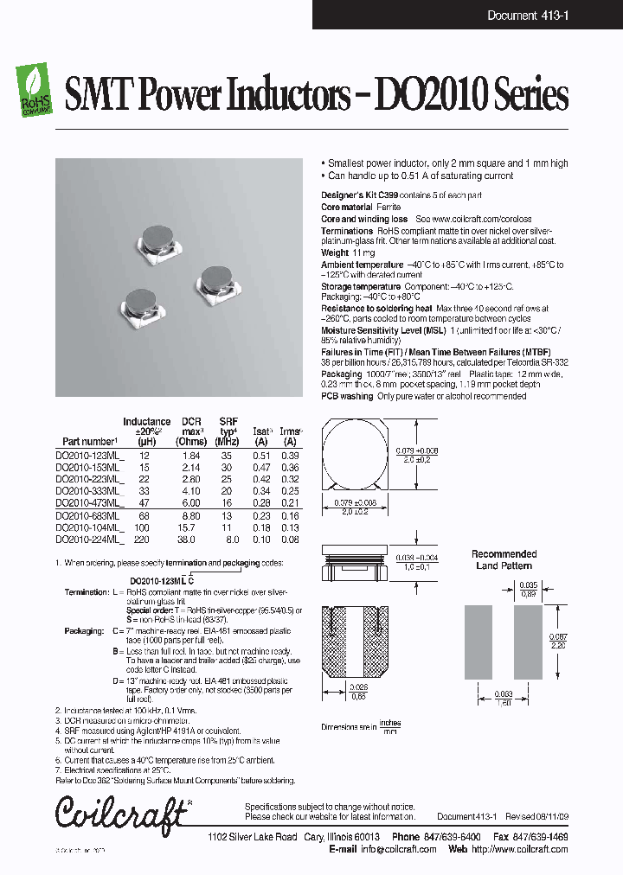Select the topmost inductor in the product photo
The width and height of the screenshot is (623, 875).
158,240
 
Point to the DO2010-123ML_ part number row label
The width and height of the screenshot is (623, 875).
90,456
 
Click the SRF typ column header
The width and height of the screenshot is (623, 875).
228,430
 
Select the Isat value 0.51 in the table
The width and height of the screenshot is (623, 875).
261,456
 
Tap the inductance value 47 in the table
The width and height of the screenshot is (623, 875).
144,502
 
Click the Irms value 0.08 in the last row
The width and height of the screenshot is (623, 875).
291,539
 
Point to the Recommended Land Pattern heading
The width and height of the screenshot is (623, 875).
504,559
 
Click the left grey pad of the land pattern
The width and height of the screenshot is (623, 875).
477,638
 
